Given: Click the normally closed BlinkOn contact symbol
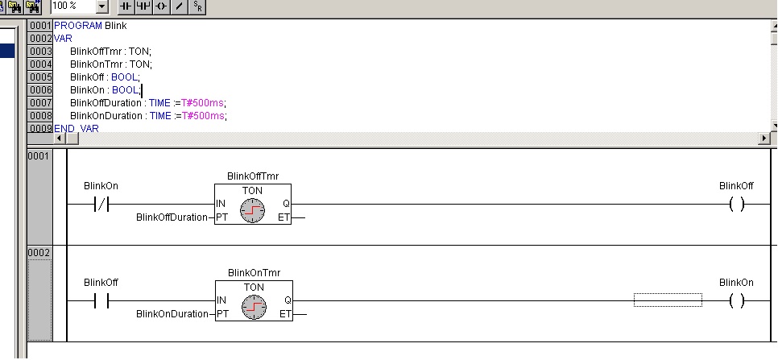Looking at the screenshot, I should pyautogui.click(x=101, y=205).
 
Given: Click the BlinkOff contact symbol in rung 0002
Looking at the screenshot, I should pyautogui.click(x=101, y=301).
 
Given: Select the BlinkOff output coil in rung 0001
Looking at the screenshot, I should pyautogui.click(x=736, y=205).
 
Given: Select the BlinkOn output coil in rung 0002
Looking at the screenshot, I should pyautogui.click(x=736, y=301).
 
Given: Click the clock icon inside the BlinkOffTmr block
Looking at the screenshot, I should pyautogui.click(x=252, y=212).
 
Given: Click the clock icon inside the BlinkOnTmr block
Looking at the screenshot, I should pyautogui.click(x=252, y=308).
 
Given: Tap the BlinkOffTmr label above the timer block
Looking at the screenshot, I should pyautogui.click(x=254, y=176).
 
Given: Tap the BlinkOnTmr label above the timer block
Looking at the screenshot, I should pyautogui.click(x=254, y=273).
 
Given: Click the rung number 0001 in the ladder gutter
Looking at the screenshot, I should pyautogui.click(x=39, y=155).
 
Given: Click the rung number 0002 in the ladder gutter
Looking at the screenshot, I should pyautogui.click(x=39, y=253).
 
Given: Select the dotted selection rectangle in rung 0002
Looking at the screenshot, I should pyautogui.click(x=668, y=300).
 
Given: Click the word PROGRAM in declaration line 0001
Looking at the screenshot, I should pyautogui.click(x=78, y=25).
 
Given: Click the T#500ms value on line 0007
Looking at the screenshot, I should pyautogui.click(x=203, y=102).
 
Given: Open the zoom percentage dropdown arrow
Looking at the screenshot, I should pyautogui.click(x=101, y=6).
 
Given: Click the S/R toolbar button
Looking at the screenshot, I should pyautogui.click(x=198, y=6).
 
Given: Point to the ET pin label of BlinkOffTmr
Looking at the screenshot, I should pyautogui.click(x=284, y=217).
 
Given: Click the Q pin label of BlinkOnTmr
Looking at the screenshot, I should pyautogui.click(x=287, y=300).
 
